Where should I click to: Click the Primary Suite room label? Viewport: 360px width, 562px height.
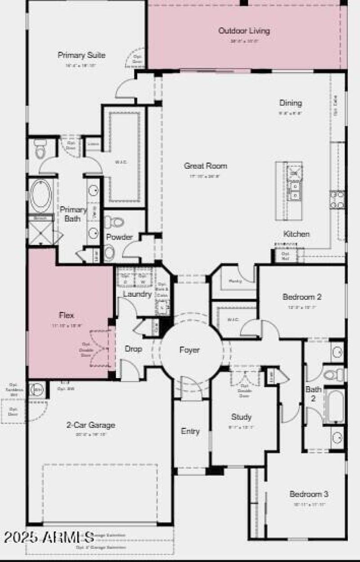pyautogui.click(x=81, y=55)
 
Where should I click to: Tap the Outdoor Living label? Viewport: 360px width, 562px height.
pyautogui.click(x=244, y=31)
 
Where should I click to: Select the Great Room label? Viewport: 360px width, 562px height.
pyautogui.click(x=205, y=166)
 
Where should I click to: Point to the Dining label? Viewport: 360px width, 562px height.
pyautogui.click(x=290, y=103)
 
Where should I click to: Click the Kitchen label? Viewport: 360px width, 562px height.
pyautogui.click(x=296, y=234)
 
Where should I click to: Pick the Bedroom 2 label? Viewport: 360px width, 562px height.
pyautogui.click(x=302, y=297)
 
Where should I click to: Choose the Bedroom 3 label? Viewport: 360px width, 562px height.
pyautogui.click(x=309, y=494)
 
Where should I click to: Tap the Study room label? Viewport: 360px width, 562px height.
pyautogui.click(x=241, y=417)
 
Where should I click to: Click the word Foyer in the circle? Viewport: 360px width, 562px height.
pyautogui.click(x=189, y=350)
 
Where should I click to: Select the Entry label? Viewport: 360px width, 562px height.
pyautogui.click(x=190, y=431)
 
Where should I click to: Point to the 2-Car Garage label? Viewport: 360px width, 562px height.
pyautogui.click(x=91, y=425)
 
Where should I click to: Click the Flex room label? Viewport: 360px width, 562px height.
pyautogui.click(x=66, y=315)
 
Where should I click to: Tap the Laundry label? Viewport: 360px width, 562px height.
pyautogui.click(x=137, y=294)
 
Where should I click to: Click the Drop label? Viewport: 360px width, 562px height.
pyautogui.click(x=133, y=349)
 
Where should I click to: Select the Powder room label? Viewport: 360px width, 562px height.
pyautogui.click(x=119, y=237)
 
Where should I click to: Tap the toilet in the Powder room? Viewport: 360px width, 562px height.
pyautogui.click(x=115, y=222)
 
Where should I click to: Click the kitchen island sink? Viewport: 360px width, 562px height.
pyautogui.click(x=295, y=195)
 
